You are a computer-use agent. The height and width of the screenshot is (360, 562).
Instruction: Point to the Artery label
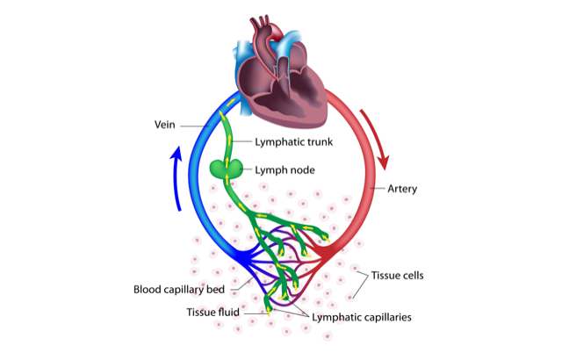pos(403,188)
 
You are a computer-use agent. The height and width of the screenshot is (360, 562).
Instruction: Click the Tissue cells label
pos(398,276)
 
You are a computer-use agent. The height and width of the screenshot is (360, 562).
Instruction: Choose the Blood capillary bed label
pos(179,289)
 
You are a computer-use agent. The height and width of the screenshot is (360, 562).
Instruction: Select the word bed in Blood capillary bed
pos(216,289)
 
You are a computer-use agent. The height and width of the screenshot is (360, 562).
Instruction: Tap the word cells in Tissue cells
pos(412,276)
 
